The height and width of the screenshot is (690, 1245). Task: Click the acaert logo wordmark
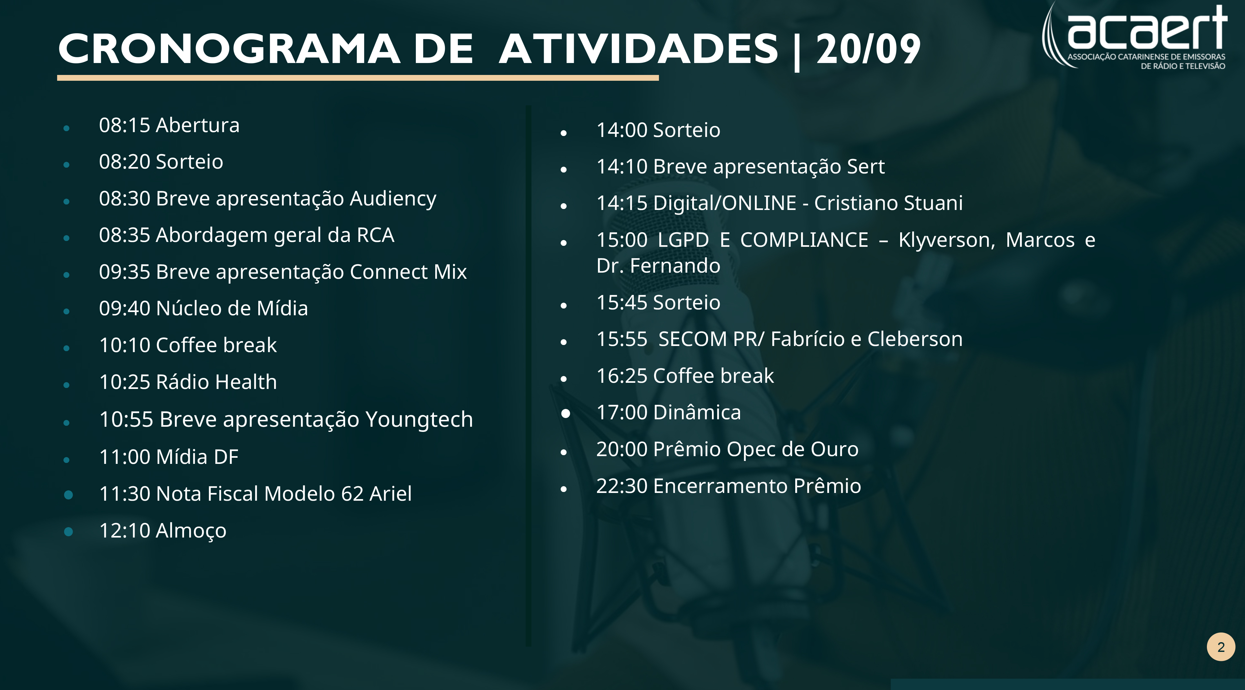(x=1147, y=26)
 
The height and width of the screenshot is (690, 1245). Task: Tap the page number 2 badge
(x=1221, y=647)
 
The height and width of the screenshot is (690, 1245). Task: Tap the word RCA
(x=376, y=235)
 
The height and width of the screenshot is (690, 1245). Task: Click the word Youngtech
(x=419, y=420)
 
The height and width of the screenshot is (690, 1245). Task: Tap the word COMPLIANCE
(x=804, y=240)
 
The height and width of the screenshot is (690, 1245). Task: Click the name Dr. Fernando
(x=658, y=266)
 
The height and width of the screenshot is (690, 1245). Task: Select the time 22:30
(x=622, y=486)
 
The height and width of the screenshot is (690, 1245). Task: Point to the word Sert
(x=866, y=167)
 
